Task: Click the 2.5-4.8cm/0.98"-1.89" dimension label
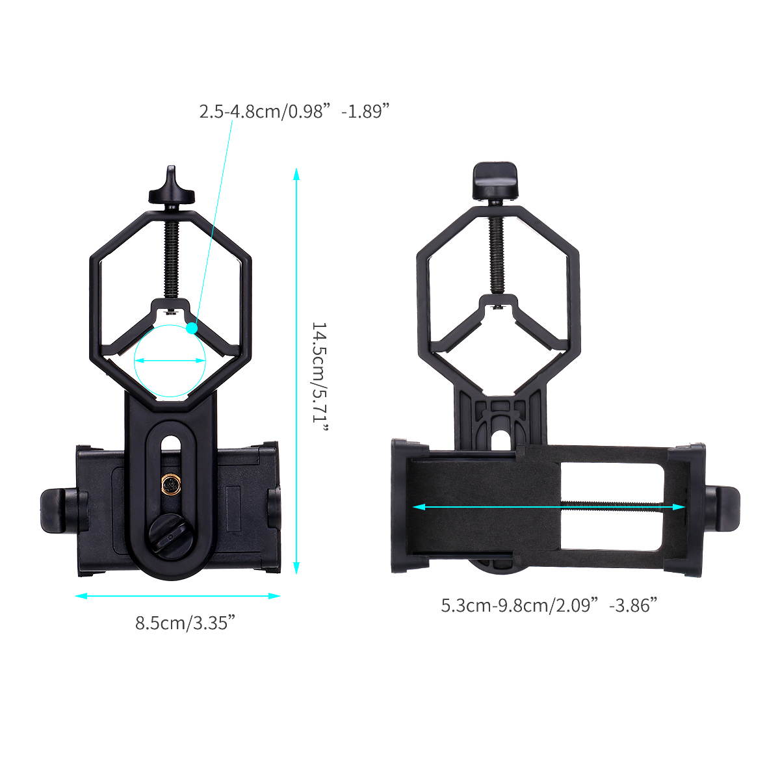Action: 304,111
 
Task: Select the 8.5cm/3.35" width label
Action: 185,623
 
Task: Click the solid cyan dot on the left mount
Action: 191,328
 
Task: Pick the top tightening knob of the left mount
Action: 172,189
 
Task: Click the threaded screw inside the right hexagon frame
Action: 497,253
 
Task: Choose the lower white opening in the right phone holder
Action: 611,529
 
